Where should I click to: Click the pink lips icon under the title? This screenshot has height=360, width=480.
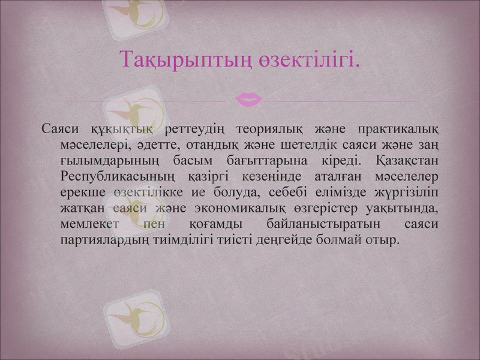[248, 99]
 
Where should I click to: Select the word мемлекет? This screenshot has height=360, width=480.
[91, 224]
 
